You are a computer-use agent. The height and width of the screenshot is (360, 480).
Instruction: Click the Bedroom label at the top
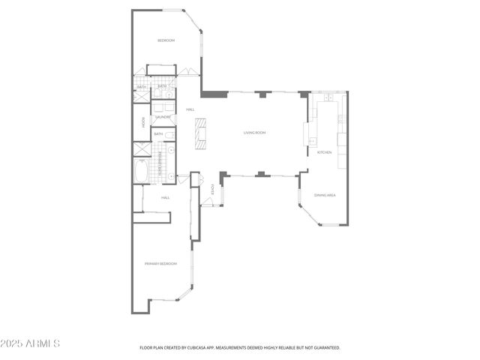166,40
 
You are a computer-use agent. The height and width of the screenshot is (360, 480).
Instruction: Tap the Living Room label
254,133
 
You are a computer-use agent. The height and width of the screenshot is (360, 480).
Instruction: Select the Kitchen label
324,152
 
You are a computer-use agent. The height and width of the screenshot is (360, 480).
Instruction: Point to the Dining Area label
324,195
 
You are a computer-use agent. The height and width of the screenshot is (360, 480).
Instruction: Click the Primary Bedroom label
160,263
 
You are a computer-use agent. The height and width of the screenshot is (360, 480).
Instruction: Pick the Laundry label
163,118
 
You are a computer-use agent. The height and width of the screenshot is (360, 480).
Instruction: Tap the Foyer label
213,190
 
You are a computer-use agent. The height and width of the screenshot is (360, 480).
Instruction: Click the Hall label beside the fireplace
190,109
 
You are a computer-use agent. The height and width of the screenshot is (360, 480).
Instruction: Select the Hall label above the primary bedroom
165,197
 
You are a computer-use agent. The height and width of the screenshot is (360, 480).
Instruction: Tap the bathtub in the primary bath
140,170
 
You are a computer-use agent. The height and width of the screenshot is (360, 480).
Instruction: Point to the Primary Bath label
158,163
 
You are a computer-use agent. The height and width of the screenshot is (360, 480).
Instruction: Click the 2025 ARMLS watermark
31,343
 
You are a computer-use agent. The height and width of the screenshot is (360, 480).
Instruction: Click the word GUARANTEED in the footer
325,348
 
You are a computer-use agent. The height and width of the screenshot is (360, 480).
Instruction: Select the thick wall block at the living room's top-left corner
215,94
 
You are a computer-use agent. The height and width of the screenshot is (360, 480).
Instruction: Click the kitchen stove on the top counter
328,97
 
